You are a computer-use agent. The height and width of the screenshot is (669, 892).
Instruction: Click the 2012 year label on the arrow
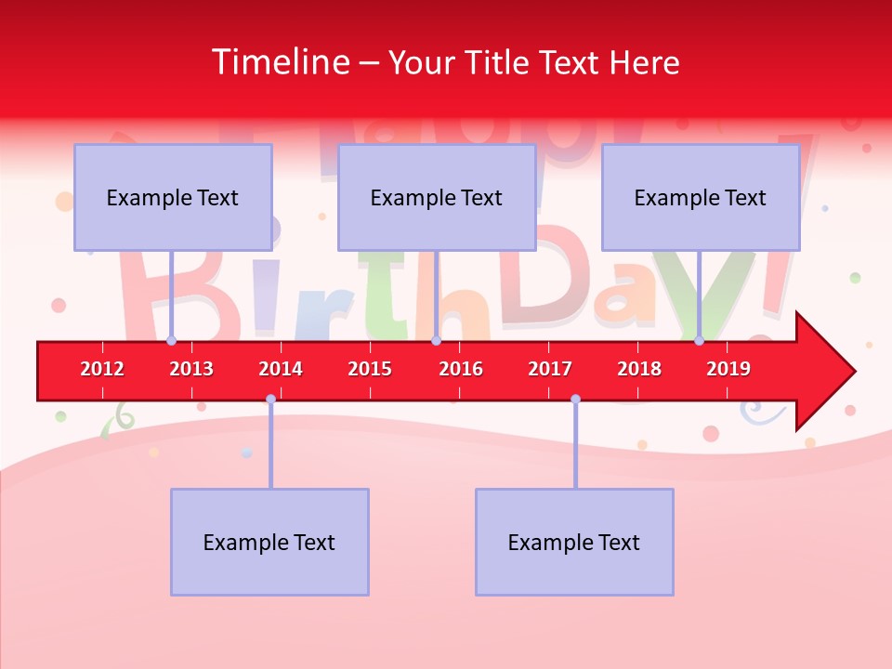[102, 369]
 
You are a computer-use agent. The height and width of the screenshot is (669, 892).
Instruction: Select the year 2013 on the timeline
[191, 369]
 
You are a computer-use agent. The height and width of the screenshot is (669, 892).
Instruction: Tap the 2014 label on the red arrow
[281, 369]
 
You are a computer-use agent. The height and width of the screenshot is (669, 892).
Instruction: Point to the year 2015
[370, 369]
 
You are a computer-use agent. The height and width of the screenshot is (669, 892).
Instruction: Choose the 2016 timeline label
[461, 369]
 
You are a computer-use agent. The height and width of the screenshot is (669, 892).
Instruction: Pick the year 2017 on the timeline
[550, 369]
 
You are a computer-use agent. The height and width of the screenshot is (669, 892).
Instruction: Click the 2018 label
[639, 369]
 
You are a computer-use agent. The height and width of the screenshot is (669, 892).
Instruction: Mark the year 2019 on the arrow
[728, 369]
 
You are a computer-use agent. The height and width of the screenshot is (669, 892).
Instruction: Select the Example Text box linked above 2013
[173, 198]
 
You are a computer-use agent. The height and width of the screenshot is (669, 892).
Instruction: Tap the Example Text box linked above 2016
[437, 198]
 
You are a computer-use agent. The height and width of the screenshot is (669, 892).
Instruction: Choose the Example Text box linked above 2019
[701, 198]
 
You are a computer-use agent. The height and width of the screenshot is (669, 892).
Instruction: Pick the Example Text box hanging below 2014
[269, 543]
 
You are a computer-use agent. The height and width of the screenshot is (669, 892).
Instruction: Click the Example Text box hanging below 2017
[574, 543]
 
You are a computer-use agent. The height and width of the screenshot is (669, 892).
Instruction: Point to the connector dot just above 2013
[171, 340]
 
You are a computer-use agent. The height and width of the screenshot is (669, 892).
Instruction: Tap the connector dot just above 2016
[436, 340]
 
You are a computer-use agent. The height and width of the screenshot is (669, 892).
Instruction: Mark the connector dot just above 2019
[699, 340]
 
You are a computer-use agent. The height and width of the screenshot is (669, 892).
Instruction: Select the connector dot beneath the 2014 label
[270, 399]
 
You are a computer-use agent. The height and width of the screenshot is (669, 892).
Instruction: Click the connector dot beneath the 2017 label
[575, 399]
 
